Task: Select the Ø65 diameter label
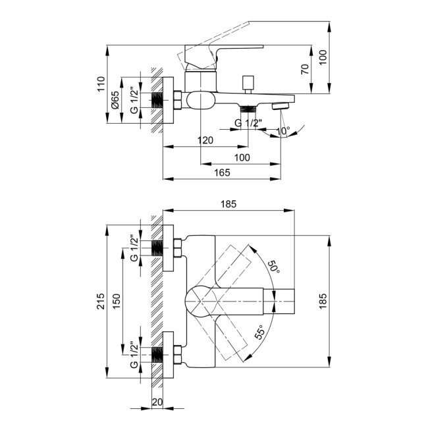117,100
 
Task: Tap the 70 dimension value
305,70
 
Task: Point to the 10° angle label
282,131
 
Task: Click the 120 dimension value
205,140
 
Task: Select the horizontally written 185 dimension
228,205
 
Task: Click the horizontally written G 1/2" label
250,122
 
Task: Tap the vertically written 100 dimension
323,57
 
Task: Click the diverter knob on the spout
248,84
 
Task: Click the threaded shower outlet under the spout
248,107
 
